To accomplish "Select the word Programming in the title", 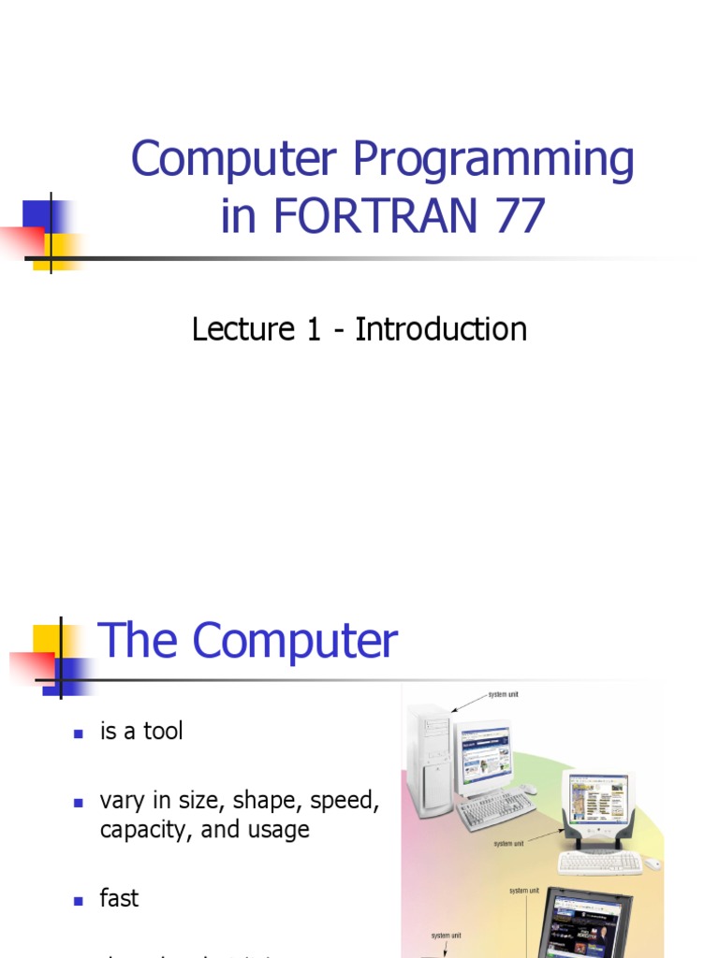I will [493, 161].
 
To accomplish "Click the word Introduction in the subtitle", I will [441, 329].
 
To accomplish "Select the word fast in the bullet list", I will [119, 898].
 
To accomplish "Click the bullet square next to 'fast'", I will [79, 900].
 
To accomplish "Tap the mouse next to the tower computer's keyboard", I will [529, 789].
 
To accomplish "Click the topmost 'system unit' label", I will [502, 695].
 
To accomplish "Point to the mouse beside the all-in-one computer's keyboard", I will [653, 864].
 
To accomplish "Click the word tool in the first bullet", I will [163, 732].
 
